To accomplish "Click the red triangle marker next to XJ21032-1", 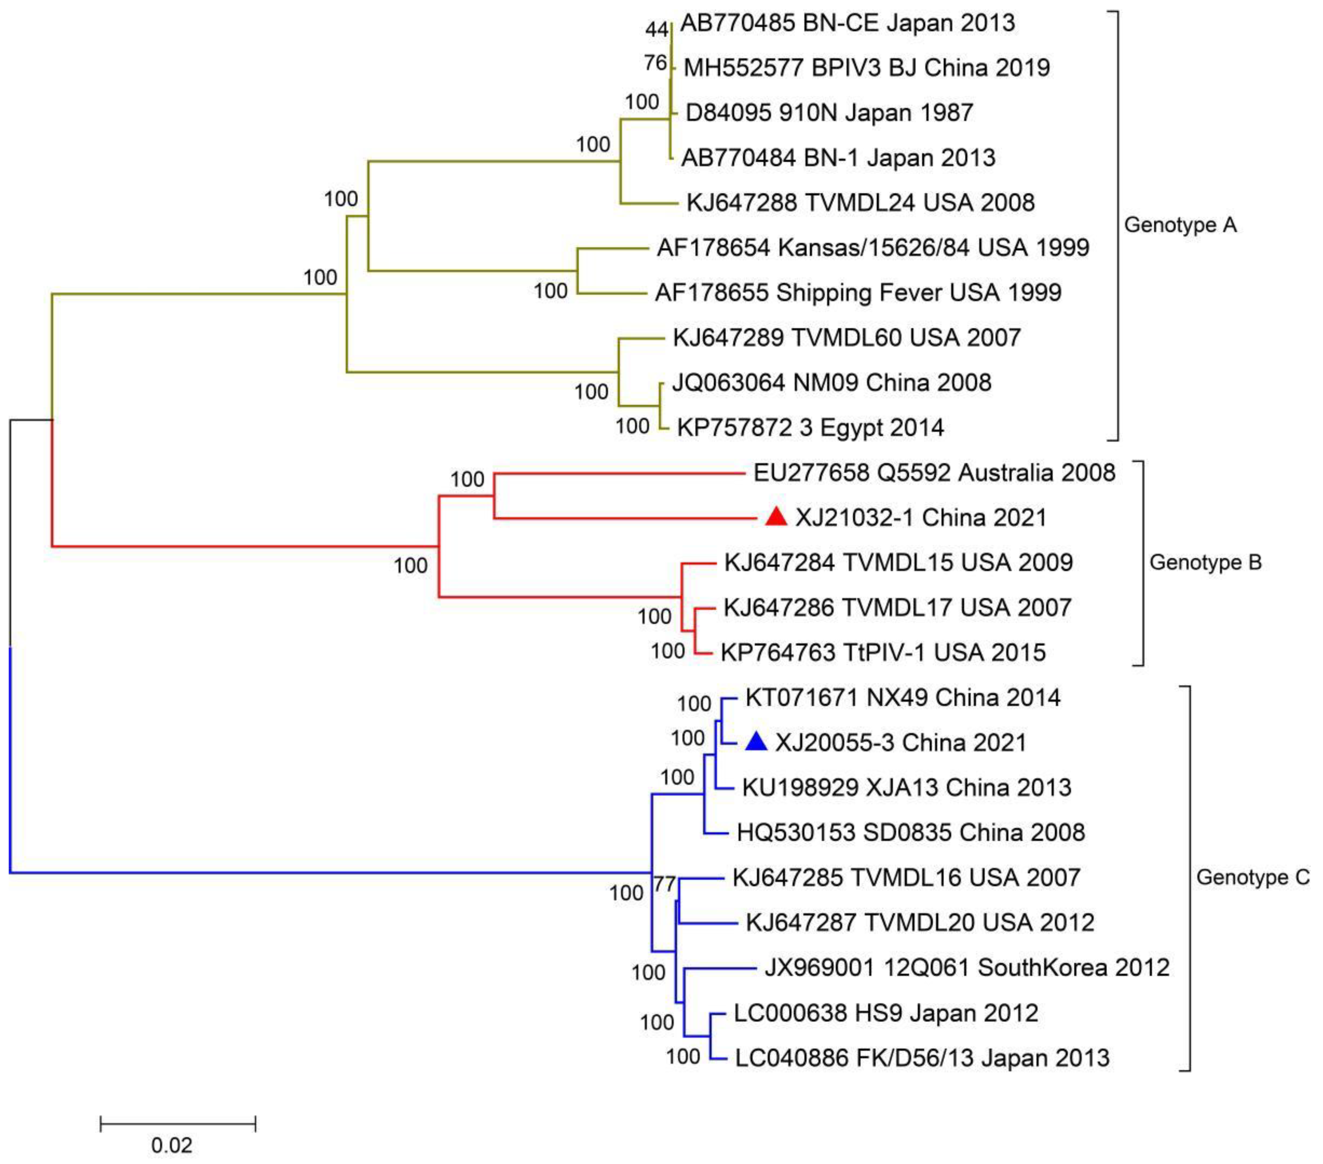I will [776, 517].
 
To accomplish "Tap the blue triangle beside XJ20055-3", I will [756, 742].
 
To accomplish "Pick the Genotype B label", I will [1205, 562].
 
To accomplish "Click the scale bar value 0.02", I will [172, 1145].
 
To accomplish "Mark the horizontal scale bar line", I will [178, 1124].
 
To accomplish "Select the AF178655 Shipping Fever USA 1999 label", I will [858, 292].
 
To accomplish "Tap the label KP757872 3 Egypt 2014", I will [810, 427].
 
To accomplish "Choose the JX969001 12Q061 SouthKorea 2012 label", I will [967, 967].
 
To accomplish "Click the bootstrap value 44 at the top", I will [656, 29].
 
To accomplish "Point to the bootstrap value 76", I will [655, 63].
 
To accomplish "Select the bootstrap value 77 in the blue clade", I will [665, 884].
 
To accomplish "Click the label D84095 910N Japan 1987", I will [829, 113].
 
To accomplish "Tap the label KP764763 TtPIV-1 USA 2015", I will [883, 652].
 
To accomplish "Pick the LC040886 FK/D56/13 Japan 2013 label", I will [922, 1058].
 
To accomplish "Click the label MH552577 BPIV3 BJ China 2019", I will [867, 67].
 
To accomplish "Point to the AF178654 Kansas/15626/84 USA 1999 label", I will [873, 247].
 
